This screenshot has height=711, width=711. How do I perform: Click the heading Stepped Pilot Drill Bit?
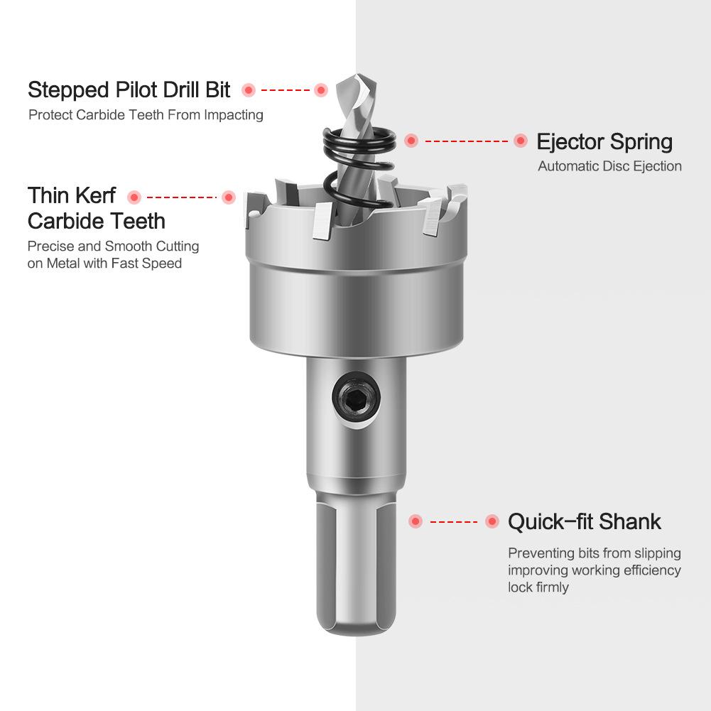[129, 90]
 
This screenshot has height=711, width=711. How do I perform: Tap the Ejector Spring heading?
[604, 142]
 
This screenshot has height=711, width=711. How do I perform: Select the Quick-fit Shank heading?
[584, 521]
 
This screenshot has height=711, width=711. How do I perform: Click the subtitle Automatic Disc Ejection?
[610, 166]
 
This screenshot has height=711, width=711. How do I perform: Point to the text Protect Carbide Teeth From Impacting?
[146, 115]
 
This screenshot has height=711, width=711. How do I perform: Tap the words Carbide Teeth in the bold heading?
[96, 222]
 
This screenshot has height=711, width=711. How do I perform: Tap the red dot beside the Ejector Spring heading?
[521, 141]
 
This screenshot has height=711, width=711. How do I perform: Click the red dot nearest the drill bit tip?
[321, 90]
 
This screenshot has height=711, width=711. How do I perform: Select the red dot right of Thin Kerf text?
[134, 197]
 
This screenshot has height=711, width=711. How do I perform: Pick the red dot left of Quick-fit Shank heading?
[492, 521]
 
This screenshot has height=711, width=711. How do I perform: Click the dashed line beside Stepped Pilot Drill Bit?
[285, 90]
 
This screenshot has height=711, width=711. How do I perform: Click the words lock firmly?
[538, 587]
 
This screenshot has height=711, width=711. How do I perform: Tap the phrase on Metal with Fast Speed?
[104, 264]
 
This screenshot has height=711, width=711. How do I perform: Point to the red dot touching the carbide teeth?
[229, 197]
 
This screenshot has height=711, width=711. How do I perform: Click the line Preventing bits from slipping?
[595, 553]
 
